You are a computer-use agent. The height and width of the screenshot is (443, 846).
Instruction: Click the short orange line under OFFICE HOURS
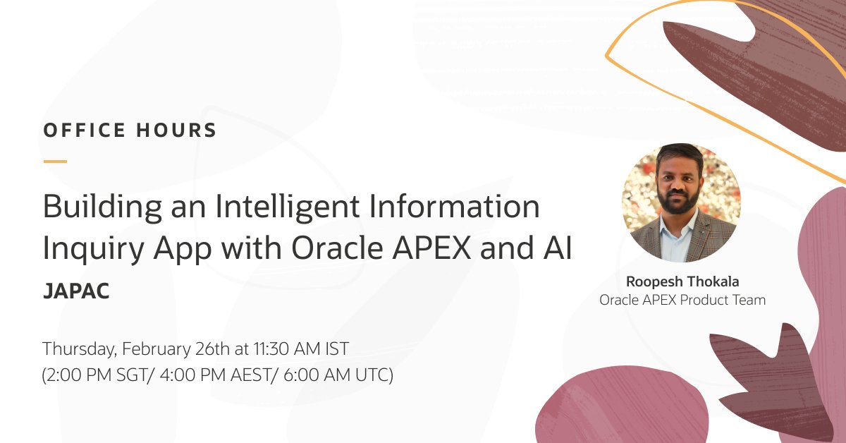click(x=55, y=162)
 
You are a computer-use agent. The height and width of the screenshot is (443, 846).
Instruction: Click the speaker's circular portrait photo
click(x=681, y=203)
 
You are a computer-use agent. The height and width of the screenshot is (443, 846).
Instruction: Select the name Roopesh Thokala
click(x=682, y=281)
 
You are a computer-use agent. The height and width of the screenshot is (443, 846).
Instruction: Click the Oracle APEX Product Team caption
click(x=682, y=300)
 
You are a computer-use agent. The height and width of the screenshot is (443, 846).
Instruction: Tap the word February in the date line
click(x=154, y=348)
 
